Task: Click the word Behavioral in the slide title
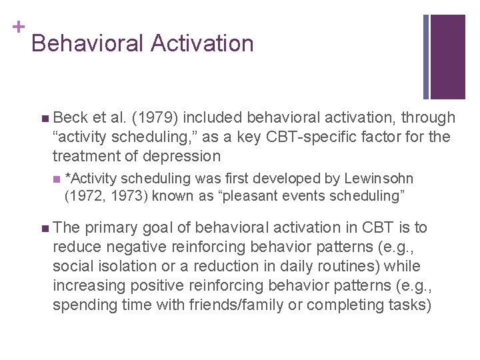(87, 44)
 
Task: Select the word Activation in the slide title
(202, 44)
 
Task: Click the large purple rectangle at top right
(447, 57)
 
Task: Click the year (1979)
(154, 118)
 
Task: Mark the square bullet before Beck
(44, 119)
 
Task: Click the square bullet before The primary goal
(44, 229)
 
